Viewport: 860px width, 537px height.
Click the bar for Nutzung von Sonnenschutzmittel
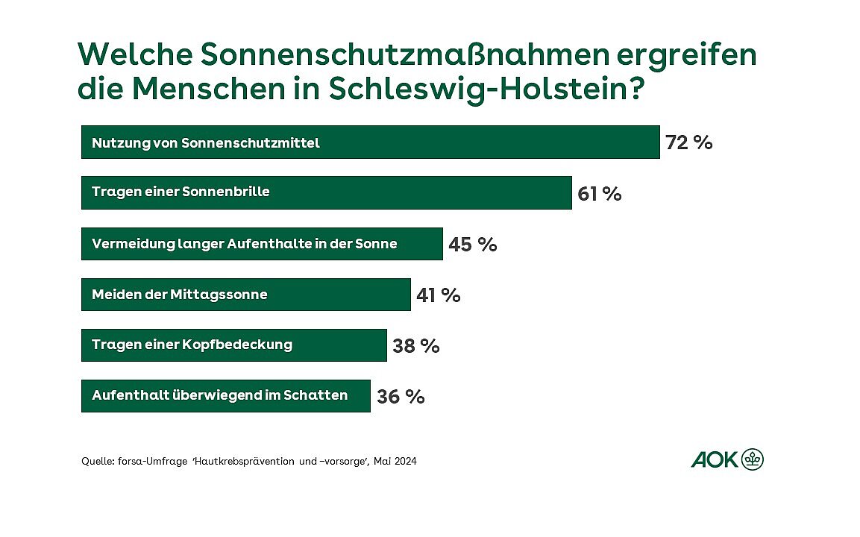point(370,142)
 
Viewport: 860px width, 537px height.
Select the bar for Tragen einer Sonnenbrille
point(326,192)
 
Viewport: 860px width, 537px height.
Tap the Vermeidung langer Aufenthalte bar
point(262,244)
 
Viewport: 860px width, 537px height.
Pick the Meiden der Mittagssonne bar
point(245,295)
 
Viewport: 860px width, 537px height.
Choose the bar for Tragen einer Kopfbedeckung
point(233,345)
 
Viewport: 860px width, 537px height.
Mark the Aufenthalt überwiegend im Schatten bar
point(225,395)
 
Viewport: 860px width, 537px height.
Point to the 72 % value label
point(688,142)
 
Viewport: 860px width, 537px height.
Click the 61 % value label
point(599,194)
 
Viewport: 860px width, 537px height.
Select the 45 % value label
point(472,245)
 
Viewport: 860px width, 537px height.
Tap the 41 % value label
point(438,295)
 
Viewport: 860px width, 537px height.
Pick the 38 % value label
point(415,346)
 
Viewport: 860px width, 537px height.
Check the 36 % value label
point(401,397)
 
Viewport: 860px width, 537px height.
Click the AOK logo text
point(714,460)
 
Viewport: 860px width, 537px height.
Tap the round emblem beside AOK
point(753,459)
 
